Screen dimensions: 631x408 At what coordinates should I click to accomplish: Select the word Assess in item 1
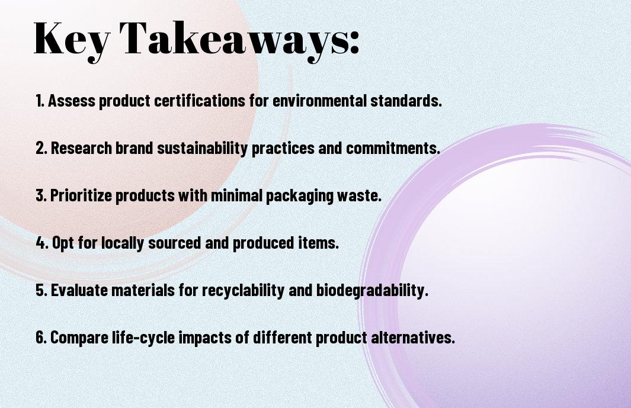click(72, 101)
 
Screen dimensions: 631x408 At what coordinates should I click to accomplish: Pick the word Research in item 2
click(82, 148)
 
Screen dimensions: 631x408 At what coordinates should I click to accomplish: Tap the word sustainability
click(202, 149)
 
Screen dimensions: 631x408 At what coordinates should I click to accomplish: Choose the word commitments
click(393, 148)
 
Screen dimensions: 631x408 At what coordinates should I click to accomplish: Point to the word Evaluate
click(79, 290)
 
